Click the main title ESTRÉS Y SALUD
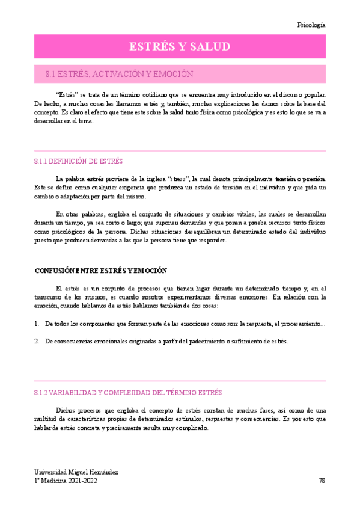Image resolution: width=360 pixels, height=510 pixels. (x=180, y=47)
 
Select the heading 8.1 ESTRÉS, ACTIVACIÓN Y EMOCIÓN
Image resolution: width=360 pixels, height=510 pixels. (x=119, y=74)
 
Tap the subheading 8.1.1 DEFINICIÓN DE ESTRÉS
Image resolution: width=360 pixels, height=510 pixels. (x=78, y=161)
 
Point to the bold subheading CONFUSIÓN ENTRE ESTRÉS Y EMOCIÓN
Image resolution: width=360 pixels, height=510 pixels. (x=101, y=271)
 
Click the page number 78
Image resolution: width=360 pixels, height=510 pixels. (x=322, y=481)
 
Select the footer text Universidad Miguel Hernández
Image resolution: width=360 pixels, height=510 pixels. (x=76, y=472)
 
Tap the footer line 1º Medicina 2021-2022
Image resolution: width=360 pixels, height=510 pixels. (x=66, y=481)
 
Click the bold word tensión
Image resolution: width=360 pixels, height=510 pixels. (x=286, y=179)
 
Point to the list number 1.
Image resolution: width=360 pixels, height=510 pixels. (x=37, y=324)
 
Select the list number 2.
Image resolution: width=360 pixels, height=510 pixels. (x=37, y=341)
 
